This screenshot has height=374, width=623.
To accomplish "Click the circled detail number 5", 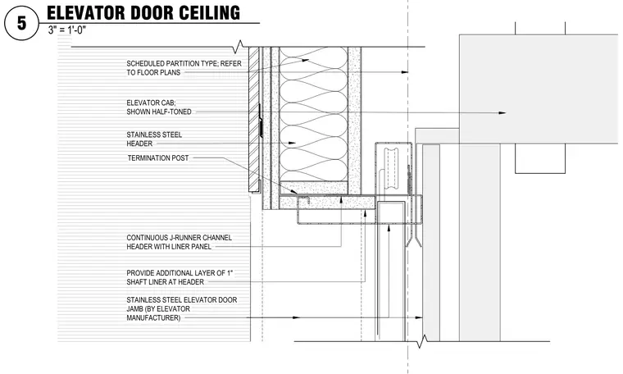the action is (x=21, y=23).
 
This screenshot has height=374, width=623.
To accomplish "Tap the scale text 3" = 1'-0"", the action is (x=66, y=30).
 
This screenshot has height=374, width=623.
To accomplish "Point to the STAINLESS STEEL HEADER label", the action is (x=154, y=139).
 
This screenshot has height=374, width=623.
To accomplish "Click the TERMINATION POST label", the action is (x=158, y=157).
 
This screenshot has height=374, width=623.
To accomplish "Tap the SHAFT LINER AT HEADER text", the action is (x=166, y=282).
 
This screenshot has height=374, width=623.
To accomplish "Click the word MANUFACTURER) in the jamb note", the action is (x=153, y=318).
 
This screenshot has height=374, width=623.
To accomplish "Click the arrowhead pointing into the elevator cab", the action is (x=502, y=113).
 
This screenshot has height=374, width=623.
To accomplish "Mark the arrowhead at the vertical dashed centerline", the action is (x=404, y=72).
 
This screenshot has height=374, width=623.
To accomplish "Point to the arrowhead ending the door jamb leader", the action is (x=419, y=317).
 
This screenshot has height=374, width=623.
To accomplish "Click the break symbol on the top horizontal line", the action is (x=239, y=47).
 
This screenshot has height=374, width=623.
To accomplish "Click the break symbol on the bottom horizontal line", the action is (x=422, y=341).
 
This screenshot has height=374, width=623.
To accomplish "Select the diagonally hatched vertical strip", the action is (x=253, y=119).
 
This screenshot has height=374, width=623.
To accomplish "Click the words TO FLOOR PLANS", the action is (x=153, y=72).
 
